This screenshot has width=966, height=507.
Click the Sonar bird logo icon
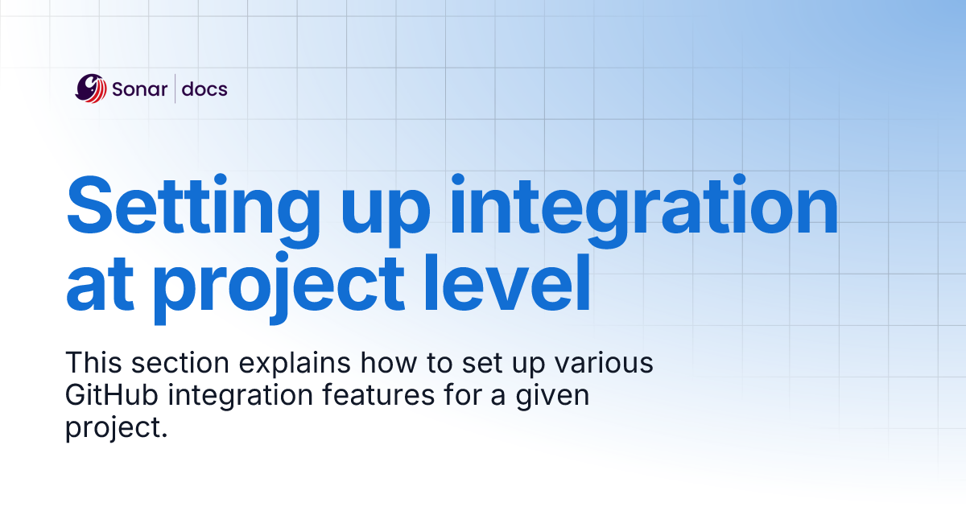point(91,89)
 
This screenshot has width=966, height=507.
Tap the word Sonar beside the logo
point(139,89)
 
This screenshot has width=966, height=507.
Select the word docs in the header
point(204,89)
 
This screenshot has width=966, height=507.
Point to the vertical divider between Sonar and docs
point(175,89)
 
